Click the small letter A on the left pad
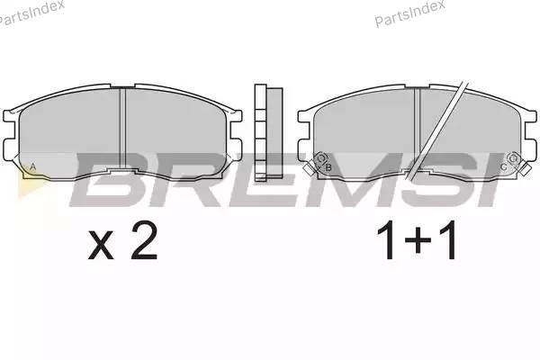click(x=33, y=166)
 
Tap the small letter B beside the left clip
click(x=328, y=167)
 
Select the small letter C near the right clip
click(x=503, y=167)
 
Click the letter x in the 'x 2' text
click(x=101, y=245)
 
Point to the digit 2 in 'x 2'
click(x=144, y=241)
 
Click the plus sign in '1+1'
click(x=418, y=241)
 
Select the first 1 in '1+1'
click(x=388, y=240)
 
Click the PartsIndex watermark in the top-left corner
click(x=31, y=12)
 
